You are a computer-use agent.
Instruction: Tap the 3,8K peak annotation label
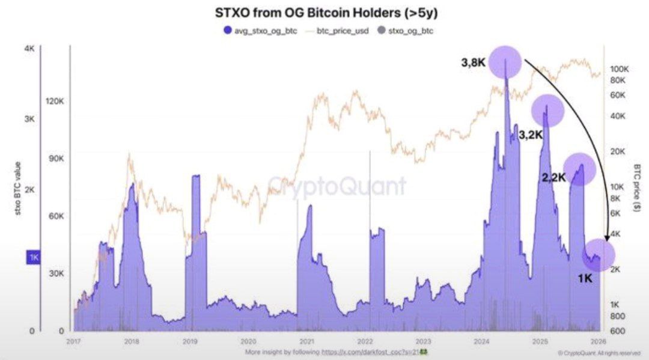click(474, 61)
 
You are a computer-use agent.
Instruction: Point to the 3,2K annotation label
click(531, 135)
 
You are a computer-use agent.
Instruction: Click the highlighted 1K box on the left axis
click(32, 257)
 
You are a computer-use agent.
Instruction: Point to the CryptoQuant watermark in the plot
click(336, 185)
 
